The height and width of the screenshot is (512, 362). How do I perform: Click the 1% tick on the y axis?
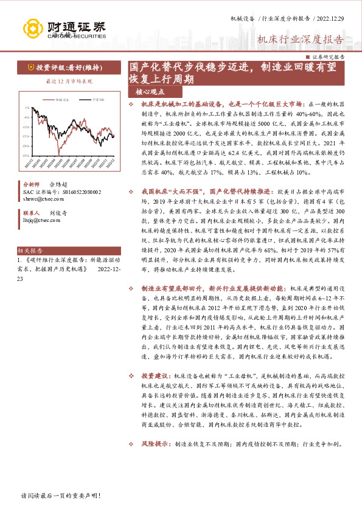(26, 108)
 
